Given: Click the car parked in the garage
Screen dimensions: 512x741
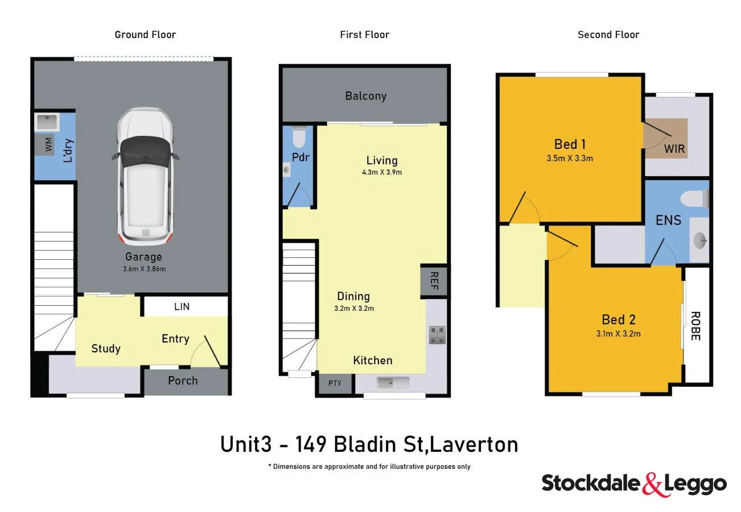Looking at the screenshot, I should point(145,176).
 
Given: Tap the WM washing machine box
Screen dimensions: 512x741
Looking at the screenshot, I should point(48,144).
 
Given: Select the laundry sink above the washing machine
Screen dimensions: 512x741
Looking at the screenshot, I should point(47,122).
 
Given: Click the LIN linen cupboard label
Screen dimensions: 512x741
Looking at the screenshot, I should point(182,307).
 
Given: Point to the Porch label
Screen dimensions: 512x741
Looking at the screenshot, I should point(183,381).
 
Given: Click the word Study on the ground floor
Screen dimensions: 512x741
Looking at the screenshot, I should point(106,348).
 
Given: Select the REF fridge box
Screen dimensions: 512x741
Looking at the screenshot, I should point(434,281).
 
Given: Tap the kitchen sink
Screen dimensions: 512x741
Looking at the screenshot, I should point(392,383).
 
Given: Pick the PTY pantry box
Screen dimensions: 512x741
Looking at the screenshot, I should point(335,383).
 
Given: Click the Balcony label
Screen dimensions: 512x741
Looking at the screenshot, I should point(365,96).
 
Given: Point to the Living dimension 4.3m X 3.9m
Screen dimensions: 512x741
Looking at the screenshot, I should point(382,172).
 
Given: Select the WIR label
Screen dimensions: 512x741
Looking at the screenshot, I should point(674,149).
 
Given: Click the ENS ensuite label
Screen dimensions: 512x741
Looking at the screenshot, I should point(668,220).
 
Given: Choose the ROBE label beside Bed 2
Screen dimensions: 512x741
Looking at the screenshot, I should point(695,326).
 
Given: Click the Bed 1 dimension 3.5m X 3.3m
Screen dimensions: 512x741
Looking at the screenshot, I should point(570,159).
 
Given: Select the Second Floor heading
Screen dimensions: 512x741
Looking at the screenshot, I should point(608,35).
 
